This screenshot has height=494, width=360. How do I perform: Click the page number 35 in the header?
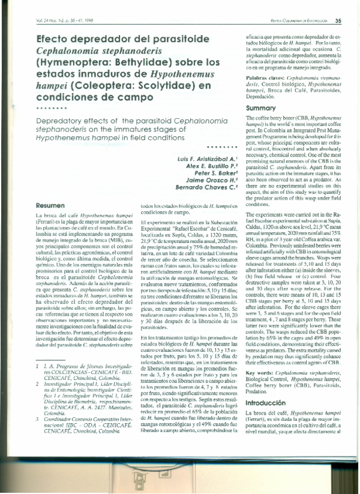(x=338, y=22)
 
